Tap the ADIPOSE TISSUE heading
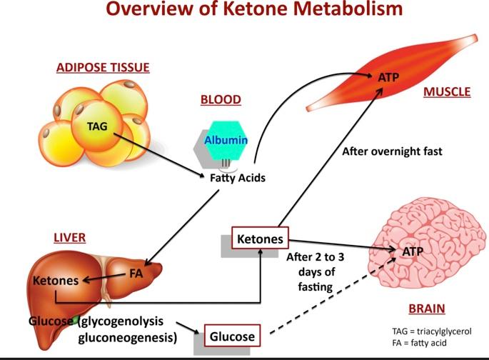pyautogui.click(x=103, y=69)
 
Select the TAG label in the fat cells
pyautogui.click(x=97, y=126)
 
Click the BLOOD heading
pyautogui.click(x=221, y=100)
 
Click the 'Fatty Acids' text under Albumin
pyautogui.click(x=237, y=178)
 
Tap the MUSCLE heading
pyautogui.click(x=446, y=92)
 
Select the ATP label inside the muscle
pyautogui.click(x=387, y=77)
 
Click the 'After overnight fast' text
pyautogui.click(x=392, y=151)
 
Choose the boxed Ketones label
pyautogui.click(x=260, y=239)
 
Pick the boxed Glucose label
pyautogui.click(x=231, y=334)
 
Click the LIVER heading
pyautogui.click(x=71, y=236)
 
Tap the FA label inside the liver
pyautogui.click(x=136, y=273)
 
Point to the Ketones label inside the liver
pyautogui.click(x=55, y=281)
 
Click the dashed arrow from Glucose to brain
pyautogui.click(x=321, y=299)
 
